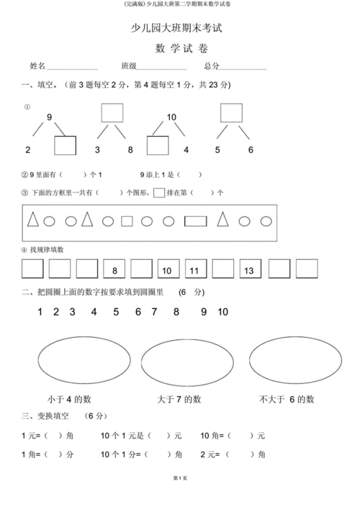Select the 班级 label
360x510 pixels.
coord(129,66)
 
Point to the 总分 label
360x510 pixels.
coord(212,66)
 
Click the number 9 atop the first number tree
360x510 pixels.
coord(50,117)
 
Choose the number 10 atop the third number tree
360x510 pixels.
coord(171,117)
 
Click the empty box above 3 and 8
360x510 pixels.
coord(112,113)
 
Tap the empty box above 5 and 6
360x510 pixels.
coord(230,113)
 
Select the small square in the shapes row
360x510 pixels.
coord(127,221)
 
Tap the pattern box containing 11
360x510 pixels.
coord(194,269)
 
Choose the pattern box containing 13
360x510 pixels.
coord(249,269)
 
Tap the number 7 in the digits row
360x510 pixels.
coord(154,312)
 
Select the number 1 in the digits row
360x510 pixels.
coord(40,312)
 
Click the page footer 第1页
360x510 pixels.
coord(180,498)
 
